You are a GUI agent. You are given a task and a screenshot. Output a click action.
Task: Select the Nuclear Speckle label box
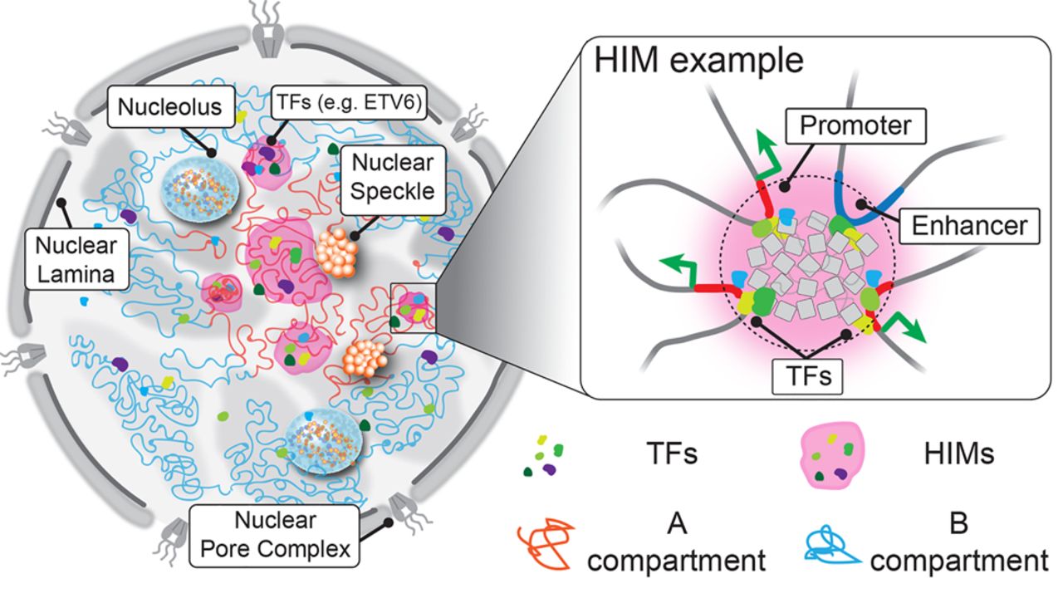(x=392, y=177)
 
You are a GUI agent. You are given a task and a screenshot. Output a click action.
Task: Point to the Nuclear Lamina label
(x=77, y=259)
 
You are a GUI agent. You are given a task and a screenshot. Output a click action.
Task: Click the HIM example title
(x=697, y=61)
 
